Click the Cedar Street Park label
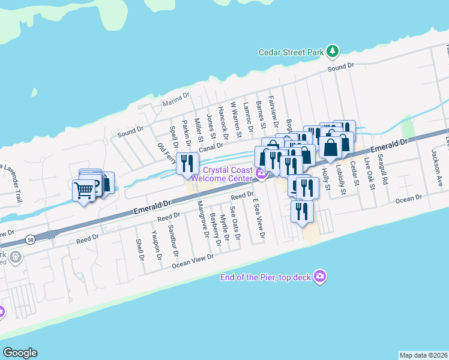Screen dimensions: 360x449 291,52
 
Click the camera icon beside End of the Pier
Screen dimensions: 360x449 321,276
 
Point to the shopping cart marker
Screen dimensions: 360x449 84,191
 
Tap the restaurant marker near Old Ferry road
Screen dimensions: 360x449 187,163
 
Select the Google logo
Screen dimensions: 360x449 20,353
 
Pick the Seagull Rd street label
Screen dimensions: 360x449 385,169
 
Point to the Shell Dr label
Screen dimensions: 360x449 142,251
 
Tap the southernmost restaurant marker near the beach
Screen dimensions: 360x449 300,211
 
